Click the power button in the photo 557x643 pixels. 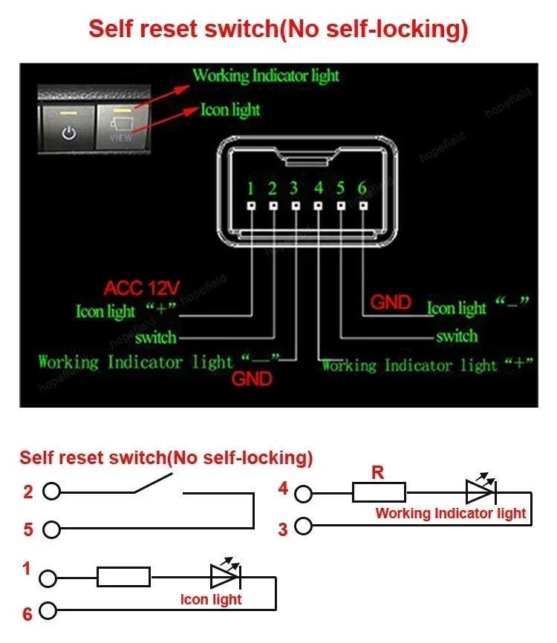tap(69, 127)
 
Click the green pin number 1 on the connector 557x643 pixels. tap(251, 188)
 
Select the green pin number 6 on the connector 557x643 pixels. tap(362, 188)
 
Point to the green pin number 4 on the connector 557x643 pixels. tap(319, 188)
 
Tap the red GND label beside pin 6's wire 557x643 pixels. tap(391, 302)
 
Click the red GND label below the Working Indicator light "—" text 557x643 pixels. tap(253, 379)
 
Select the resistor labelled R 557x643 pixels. tap(379, 492)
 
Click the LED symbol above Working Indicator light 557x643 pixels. tap(480, 491)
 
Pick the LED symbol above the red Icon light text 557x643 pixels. tap(224, 575)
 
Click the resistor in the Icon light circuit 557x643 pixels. tap(123, 576)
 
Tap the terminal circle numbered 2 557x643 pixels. tap(51, 492)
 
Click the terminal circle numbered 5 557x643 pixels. tap(51, 529)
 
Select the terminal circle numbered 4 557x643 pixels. tap(303, 492)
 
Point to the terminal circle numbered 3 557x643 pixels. tap(303, 526)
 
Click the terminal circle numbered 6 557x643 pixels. tap(48, 611)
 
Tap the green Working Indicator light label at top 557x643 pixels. tap(265, 76)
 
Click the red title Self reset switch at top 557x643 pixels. tap(278, 29)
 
